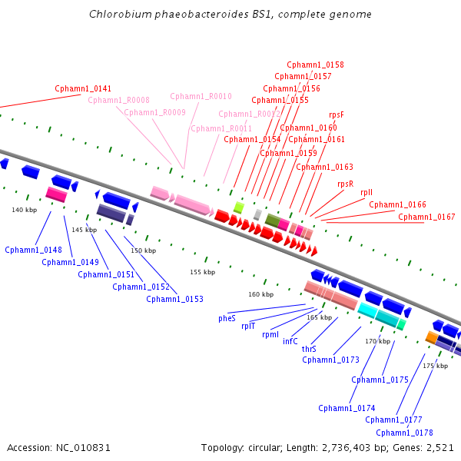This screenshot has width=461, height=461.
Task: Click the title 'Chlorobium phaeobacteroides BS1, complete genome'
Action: pos(230,14)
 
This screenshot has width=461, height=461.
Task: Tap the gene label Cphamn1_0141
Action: pos(83,89)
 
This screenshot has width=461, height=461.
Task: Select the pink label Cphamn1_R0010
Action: pos(201,97)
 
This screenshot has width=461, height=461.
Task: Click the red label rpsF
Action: pos(337,114)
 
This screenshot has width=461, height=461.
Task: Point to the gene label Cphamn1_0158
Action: pos(315,65)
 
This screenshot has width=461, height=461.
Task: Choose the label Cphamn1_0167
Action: pos(426,217)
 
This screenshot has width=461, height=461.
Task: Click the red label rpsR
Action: pos(346,184)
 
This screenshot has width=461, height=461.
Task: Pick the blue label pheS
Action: pos(227,317)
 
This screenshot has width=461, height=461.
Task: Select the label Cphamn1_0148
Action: pos(33,250)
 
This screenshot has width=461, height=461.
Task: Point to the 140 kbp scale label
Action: pos(24,210)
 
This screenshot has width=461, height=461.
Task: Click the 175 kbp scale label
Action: pos(435,366)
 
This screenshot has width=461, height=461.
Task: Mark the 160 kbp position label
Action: pos(260,294)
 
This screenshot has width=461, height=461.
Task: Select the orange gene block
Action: pos(432,337)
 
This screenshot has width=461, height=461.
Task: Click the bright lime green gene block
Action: pos(238,207)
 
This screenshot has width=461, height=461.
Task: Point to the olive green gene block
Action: pos(271,221)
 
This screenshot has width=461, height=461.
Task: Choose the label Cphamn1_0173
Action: pos(330,360)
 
